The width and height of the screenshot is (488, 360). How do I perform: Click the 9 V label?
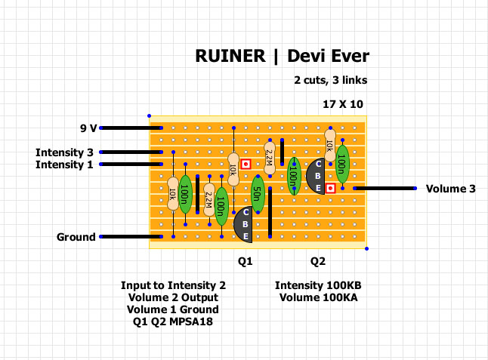[88, 128]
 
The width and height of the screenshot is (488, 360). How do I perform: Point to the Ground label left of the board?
[76, 237]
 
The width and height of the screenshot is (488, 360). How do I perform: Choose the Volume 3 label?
[450, 189]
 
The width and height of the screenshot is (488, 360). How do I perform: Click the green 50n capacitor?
[257, 195]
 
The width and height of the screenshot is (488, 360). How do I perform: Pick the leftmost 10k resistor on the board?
[173, 195]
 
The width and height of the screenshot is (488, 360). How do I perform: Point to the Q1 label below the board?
[245, 261]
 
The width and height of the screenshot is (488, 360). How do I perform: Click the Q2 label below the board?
[318, 261]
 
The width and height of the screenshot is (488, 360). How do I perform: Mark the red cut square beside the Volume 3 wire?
[329, 188]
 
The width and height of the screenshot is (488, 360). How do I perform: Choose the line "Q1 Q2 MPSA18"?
[173, 322]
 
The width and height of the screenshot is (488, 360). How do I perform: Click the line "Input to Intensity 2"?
[173, 285]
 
